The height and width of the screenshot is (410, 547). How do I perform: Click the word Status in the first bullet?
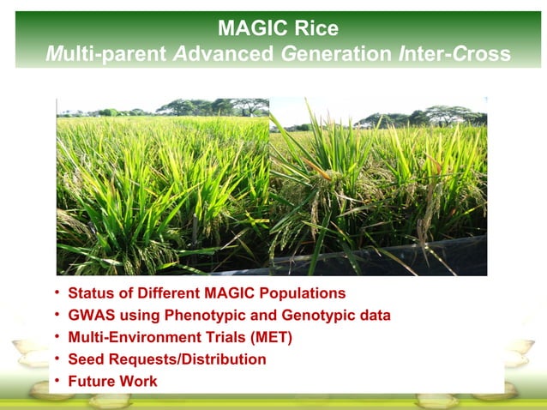pos(89,293)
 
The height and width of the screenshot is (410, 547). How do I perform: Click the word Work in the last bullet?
pos(139,382)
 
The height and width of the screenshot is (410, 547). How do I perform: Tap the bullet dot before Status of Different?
pos(57,293)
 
